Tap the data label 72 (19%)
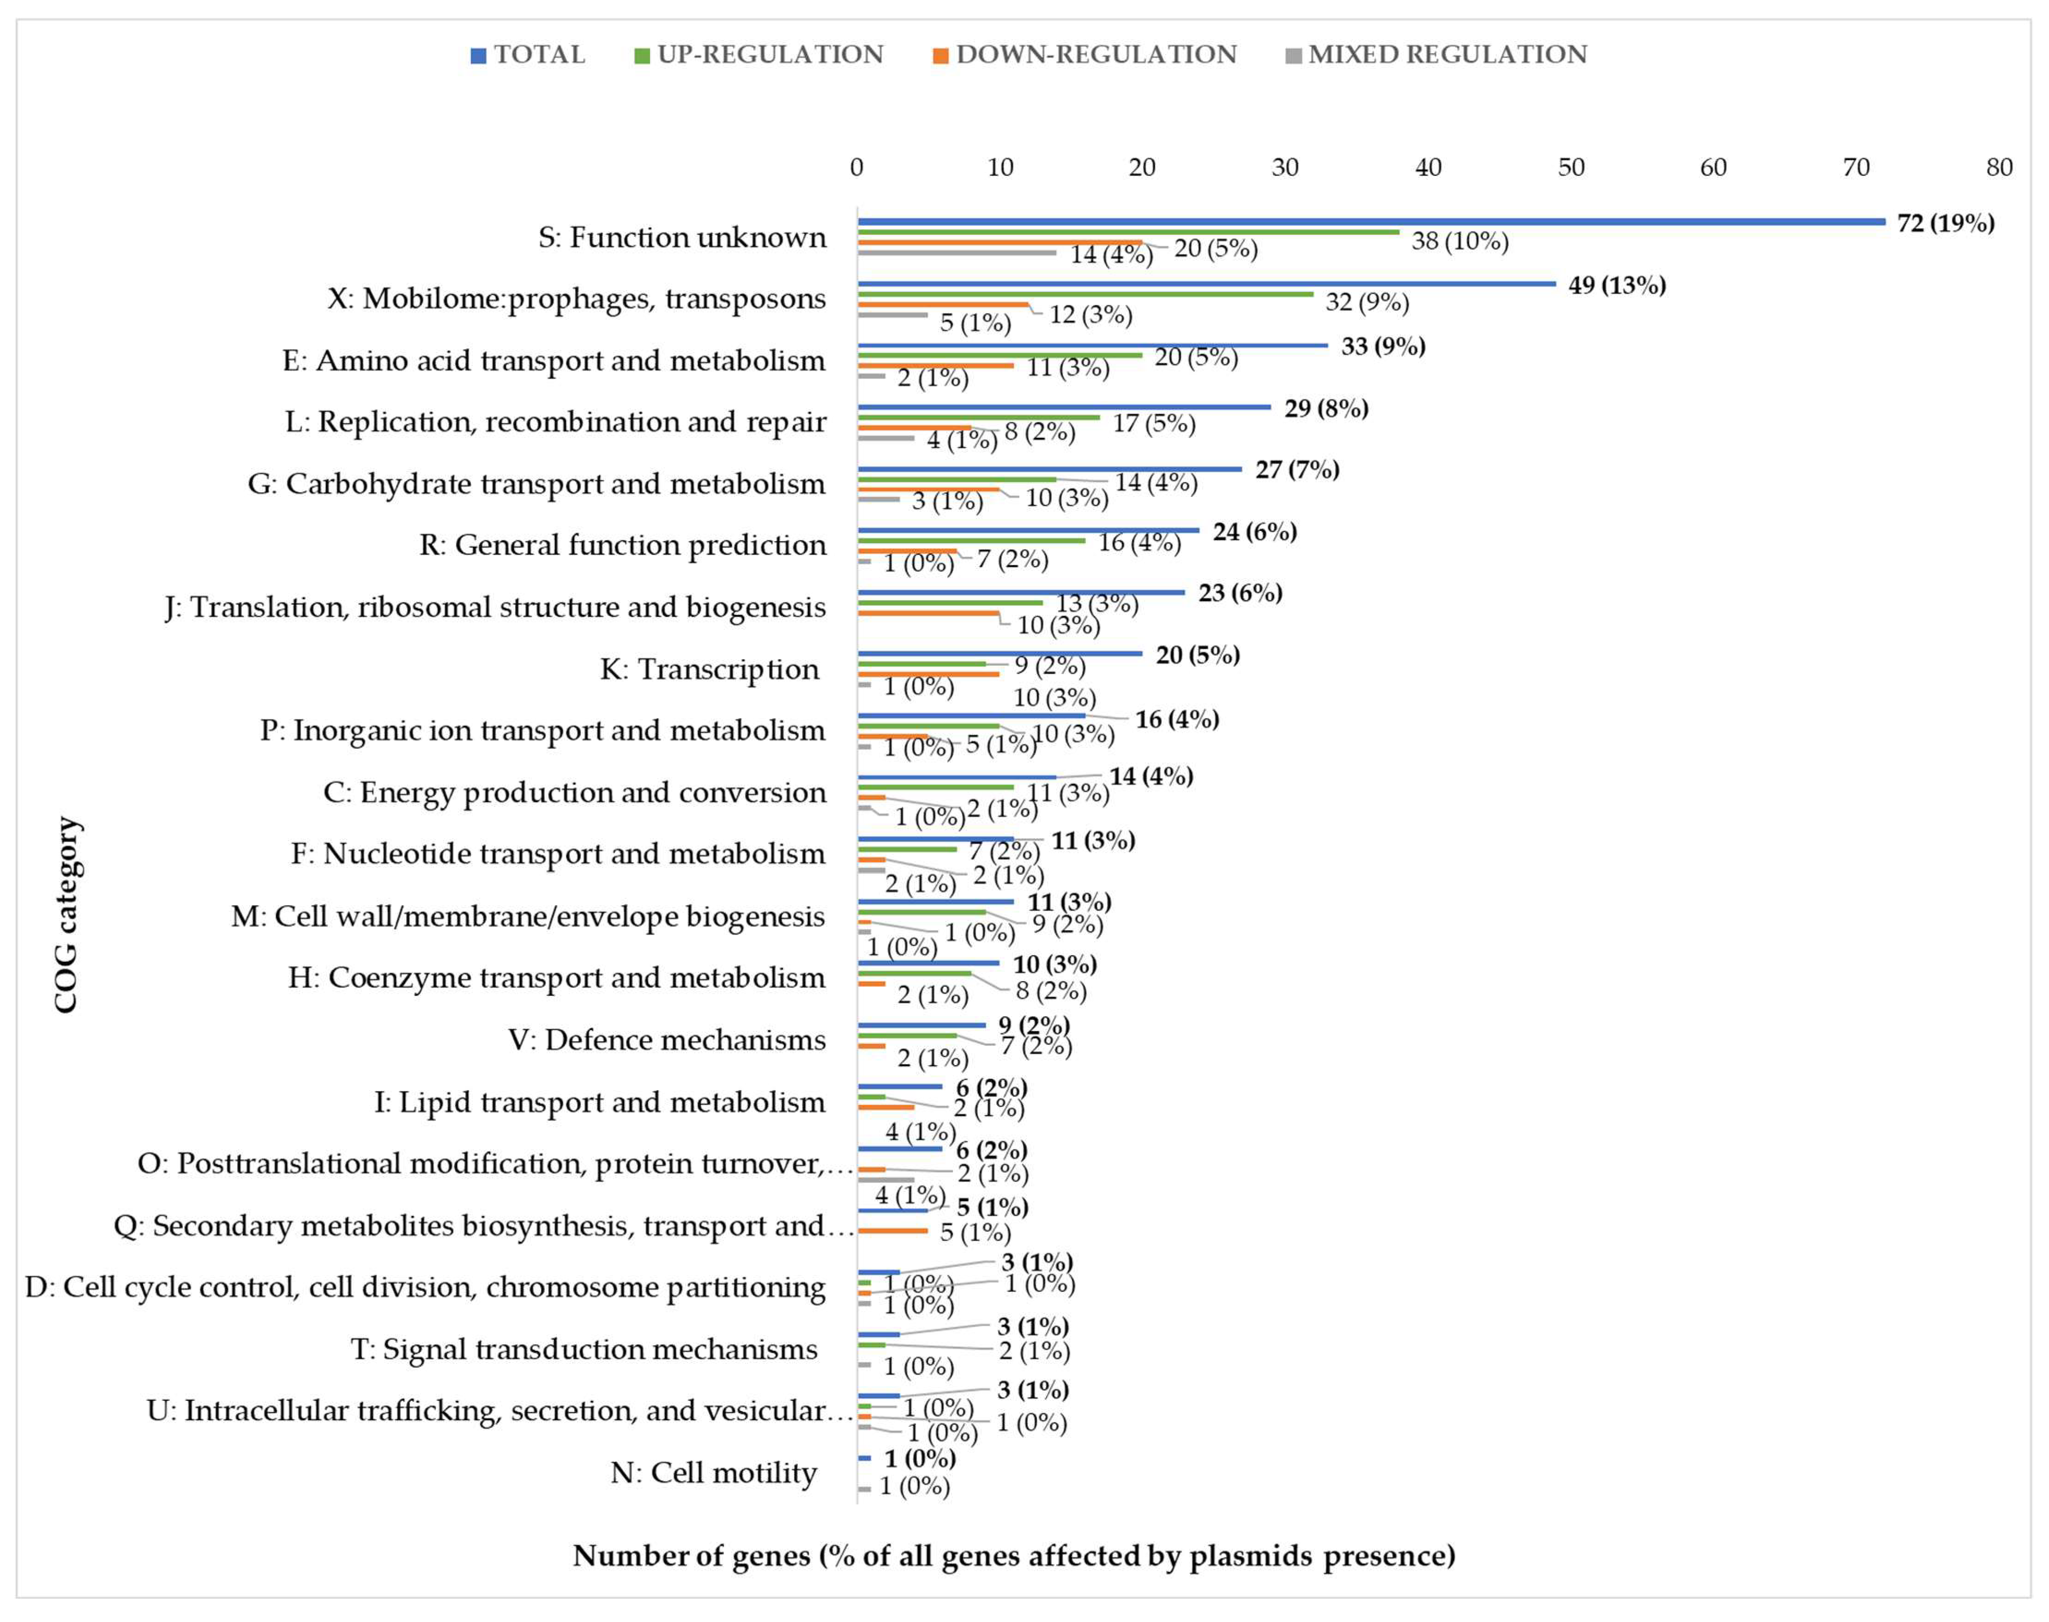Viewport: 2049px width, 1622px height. (1946, 223)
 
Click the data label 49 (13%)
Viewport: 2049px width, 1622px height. (1617, 285)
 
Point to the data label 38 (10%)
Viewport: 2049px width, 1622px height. (1459, 241)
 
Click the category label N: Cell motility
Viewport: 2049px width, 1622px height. (713, 1473)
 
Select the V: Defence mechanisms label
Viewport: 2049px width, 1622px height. (667, 1040)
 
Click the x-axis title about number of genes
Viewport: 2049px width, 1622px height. (1013, 1556)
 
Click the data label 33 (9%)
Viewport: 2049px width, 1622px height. (1382, 347)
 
